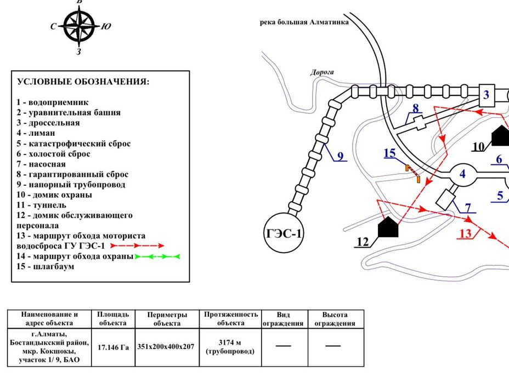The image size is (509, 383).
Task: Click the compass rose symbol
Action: click(79, 26)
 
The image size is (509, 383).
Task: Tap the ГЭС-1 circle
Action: click(283, 234)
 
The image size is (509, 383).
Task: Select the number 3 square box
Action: click(486, 95)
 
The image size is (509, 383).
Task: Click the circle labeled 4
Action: click(462, 174)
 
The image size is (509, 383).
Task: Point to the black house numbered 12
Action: click(388, 227)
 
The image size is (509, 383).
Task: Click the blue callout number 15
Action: click(389, 153)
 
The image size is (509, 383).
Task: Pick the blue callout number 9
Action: click(340, 156)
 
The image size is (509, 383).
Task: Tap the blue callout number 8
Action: click(416, 108)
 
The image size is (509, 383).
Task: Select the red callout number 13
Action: click(465, 233)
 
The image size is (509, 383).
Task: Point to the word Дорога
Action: click(322, 72)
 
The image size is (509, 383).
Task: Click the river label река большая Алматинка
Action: click(304, 22)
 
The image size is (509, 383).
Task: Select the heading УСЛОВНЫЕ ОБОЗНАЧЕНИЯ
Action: click(83, 82)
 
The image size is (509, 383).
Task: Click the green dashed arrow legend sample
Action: click(157, 256)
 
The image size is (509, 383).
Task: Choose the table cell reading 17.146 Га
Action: click(113, 347)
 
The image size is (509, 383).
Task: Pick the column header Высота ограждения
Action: click(335, 319)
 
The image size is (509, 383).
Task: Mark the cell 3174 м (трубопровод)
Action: click(230, 347)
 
